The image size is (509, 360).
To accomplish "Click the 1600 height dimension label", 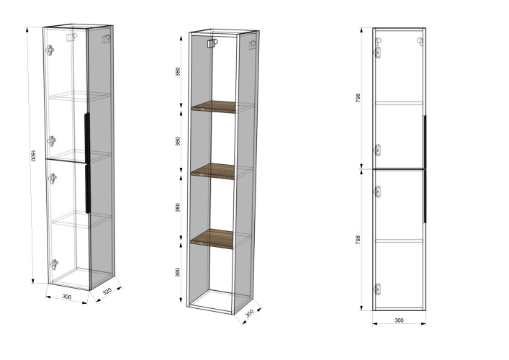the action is [x=33, y=156].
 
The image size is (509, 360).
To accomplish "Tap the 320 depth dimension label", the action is [x=107, y=291].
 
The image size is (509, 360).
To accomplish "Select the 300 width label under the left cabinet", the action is [x=67, y=297].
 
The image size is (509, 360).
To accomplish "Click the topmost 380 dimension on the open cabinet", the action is [x=178, y=72].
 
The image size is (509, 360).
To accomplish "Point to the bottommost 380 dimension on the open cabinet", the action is [x=178, y=272].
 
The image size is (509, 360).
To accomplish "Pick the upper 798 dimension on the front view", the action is [x=358, y=98].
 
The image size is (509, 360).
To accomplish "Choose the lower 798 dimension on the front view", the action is [x=358, y=240].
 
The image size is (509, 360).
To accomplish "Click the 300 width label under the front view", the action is [x=399, y=320].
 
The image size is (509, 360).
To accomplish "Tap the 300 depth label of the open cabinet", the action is [x=249, y=314].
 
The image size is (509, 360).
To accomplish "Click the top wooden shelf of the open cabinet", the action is [x=214, y=107].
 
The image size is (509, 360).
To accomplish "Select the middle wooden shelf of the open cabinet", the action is [x=213, y=171].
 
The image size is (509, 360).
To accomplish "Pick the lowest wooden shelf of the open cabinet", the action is [x=212, y=238].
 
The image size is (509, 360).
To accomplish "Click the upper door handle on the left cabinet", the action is [x=87, y=138].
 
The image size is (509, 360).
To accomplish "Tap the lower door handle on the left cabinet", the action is [x=88, y=189].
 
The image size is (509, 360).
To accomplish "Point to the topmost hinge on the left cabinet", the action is [x=50, y=50].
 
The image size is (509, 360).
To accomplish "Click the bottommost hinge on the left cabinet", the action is [x=53, y=264].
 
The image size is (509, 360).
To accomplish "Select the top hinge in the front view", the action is [x=377, y=53].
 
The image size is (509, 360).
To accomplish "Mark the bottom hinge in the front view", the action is [x=377, y=289].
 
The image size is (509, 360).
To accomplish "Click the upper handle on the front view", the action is [x=425, y=142].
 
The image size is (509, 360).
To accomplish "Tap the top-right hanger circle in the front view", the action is [x=420, y=42].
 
